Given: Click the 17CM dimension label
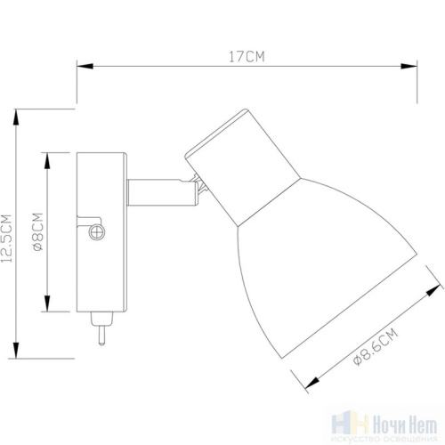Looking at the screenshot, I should (247, 56).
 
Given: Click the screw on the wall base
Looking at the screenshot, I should (97, 232).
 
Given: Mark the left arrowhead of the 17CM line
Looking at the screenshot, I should (81, 67).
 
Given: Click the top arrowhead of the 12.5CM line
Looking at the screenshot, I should (17, 115).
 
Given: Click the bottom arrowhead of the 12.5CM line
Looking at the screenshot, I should (17, 352).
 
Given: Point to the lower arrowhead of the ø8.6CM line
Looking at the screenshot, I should (308, 384).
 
